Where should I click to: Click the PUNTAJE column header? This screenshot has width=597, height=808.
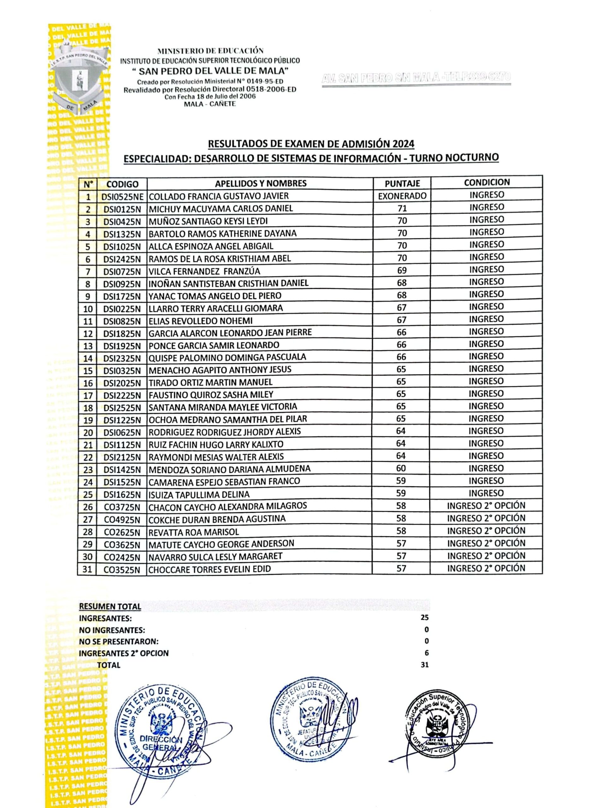tap(402, 184)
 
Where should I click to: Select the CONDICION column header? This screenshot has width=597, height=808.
tap(487, 182)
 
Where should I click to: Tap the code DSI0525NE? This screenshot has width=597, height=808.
tap(122, 197)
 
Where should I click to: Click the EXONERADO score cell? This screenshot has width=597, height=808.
tap(402, 196)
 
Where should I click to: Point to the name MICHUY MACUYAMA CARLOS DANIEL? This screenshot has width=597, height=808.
tap(221, 209)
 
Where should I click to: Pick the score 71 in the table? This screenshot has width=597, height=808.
tap(402, 208)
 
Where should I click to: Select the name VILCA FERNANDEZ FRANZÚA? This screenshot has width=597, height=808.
tap(204, 271)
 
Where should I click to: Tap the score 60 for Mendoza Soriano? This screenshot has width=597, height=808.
tap(401, 468)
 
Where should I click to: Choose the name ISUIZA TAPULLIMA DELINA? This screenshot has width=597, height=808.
tap(199, 494)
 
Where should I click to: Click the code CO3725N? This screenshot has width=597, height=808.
tap(122, 507)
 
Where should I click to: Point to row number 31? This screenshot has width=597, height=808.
tap(87, 569)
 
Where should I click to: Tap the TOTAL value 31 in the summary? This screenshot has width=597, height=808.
tap(424, 664)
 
